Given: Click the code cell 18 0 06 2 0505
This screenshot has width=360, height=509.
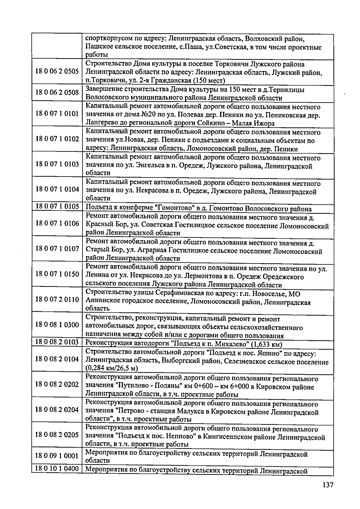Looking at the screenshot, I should tap(57, 72).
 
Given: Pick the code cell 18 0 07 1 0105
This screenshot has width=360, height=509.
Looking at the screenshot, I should tap(57, 207).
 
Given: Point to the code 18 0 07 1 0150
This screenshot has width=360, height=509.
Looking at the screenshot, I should tap(57, 274).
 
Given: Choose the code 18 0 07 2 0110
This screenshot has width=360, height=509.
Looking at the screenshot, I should tap(57, 299).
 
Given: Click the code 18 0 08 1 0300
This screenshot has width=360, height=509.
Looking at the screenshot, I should tap(57, 325).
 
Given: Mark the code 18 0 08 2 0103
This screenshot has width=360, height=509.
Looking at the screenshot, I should tap(57, 342).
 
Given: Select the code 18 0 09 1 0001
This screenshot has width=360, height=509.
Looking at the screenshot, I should tap(57, 456).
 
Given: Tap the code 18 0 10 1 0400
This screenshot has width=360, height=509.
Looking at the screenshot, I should tap(57, 469).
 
